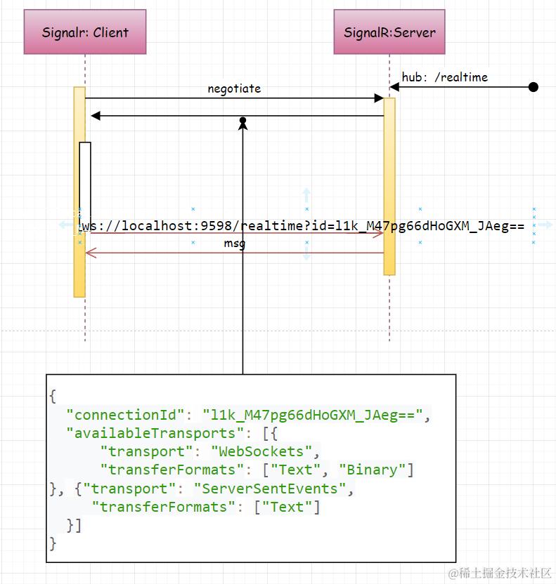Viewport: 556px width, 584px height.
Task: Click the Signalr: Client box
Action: (x=85, y=32)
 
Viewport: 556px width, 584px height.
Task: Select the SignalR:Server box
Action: (x=389, y=32)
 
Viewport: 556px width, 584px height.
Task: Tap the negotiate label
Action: (x=234, y=88)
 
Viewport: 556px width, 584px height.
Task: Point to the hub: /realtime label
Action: (x=444, y=77)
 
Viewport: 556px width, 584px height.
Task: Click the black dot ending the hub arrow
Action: (x=533, y=87)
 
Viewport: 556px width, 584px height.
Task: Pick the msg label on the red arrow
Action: (x=234, y=244)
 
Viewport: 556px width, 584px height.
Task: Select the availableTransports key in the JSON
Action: (x=151, y=433)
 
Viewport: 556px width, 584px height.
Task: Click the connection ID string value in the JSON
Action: (x=312, y=415)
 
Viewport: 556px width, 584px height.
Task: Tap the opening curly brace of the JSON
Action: (x=53, y=397)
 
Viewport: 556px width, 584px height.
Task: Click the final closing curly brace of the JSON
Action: (x=53, y=543)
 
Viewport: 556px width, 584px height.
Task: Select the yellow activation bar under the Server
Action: (x=389, y=186)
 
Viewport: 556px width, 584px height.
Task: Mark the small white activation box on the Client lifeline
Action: (x=85, y=182)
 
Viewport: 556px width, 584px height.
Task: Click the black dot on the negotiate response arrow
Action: (x=243, y=121)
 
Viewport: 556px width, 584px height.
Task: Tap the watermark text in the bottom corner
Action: (x=500, y=572)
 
